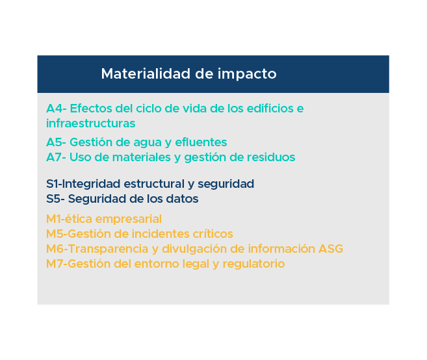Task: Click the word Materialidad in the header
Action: click(x=146, y=73)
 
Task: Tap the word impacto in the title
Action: click(x=247, y=74)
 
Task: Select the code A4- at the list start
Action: click(x=57, y=109)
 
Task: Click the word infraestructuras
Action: click(x=91, y=123)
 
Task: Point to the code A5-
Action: click(x=56, y=142)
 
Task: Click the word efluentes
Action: click(x=201, y=142)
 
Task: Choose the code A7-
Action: click(x=56, y=157)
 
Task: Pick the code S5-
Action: click(x=55, y=199)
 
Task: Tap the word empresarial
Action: click(x=129, y=219)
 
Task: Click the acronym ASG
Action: click(x=331, y=249)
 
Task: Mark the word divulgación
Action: click(x=194, y=249)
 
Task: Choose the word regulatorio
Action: click(x=254, y=264)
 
